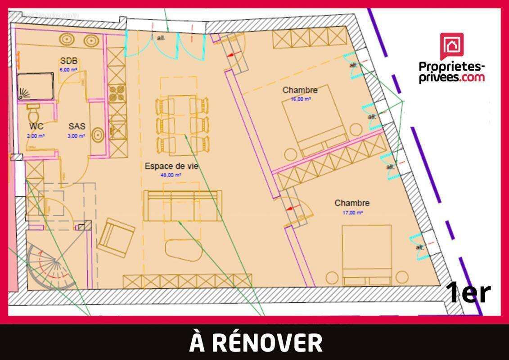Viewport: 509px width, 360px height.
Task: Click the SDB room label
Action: click(69, 61)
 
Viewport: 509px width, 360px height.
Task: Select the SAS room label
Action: click(77, 126)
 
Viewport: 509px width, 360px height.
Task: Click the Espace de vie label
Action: click(171, 166)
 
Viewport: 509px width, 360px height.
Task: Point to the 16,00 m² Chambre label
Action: click(300, 90)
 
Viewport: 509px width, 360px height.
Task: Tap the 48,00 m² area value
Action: click(171, 175)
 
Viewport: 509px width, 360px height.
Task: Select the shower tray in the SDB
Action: click(36, 86)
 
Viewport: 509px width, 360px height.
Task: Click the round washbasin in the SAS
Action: click(98, 135)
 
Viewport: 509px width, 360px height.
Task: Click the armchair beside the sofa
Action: click(116, 236)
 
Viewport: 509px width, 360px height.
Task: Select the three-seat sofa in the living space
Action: click(183, 206)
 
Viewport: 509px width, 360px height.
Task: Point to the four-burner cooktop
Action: click(116, 94)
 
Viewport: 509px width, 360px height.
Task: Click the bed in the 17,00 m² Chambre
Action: click(366, 255)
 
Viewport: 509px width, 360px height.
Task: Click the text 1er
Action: click(468, 293)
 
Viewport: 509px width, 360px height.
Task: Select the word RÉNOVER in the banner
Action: click(267, 342)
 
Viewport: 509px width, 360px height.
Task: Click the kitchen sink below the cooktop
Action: click(117, 128)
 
